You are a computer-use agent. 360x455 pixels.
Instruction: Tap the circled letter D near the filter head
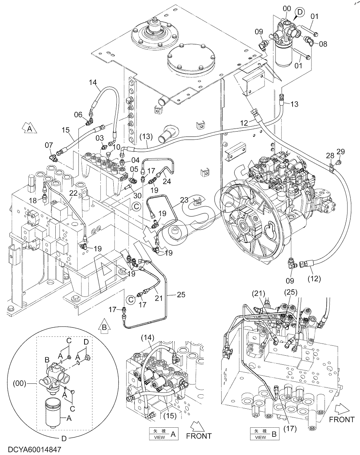coord(300,12)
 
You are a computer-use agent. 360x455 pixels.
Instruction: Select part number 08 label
coord(323,44)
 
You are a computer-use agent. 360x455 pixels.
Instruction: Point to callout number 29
coord(341,152)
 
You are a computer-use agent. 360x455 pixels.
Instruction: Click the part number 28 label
coord(330,155)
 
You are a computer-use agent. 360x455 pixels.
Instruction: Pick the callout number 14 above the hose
coord(93,82)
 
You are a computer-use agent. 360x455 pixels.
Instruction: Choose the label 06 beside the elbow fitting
coord(78,115)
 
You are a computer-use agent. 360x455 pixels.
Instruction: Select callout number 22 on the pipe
coord(74,193)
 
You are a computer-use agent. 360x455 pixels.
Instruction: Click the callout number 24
coord(167,181)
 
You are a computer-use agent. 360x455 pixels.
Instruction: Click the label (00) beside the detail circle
coord(20,383)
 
